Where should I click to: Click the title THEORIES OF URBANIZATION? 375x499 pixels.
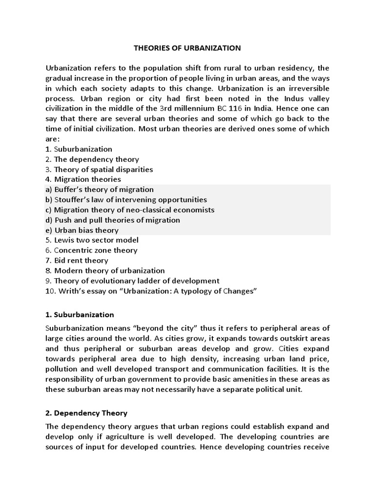[x=187, y=48]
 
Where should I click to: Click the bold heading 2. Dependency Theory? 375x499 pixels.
[x=86, y=413]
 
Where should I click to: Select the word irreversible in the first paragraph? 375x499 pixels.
[x=306, y=88]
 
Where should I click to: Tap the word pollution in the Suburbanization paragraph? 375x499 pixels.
[x=61, y=369]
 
